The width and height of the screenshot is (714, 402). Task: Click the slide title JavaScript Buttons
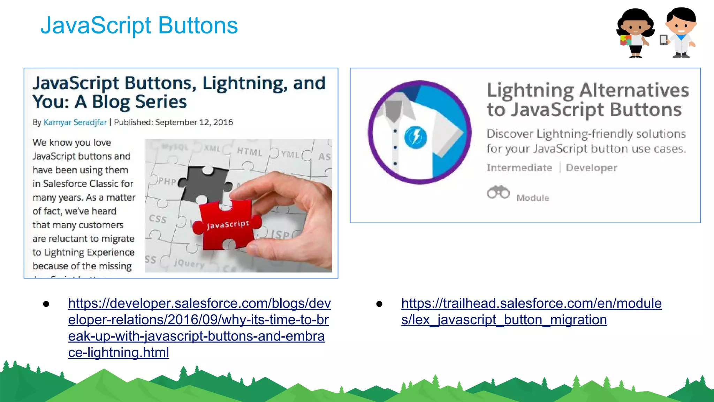click(139, 25)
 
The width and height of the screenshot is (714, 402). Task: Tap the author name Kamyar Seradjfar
click(75, 122)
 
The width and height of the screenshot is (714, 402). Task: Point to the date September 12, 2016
click(194, 122)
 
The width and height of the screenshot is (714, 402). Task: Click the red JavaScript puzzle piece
click(227, 224)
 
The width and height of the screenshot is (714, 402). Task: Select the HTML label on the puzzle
click(249, 152)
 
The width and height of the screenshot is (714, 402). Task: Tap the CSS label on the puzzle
click(158, 219)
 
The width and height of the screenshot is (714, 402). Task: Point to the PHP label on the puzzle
click(167, 181)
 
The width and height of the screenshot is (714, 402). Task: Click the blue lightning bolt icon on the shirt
click(416, 137)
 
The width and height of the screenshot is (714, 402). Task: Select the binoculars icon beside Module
click(498, 192)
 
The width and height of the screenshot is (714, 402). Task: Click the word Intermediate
click(519, 168)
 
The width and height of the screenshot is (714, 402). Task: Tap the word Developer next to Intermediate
click(591, 168)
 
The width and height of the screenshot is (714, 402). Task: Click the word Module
click(533, 198)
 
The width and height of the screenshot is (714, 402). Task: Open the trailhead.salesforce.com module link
click(531, 311)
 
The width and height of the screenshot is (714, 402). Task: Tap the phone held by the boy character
click(663, 40)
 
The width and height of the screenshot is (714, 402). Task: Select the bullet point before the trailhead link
click(379, 304)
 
